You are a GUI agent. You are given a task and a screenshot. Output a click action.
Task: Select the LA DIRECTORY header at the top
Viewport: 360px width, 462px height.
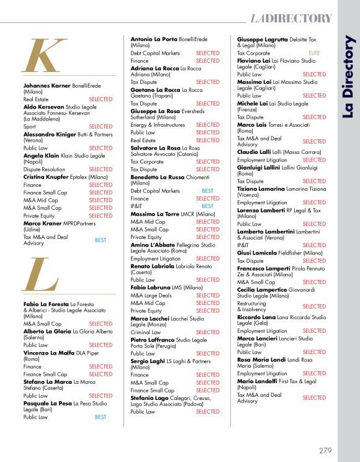click(291, 18)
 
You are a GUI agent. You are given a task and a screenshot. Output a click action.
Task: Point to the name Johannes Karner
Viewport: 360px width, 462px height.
click(47, 85)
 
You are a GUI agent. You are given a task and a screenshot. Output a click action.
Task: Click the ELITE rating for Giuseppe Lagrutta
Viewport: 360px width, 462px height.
click(314, 53)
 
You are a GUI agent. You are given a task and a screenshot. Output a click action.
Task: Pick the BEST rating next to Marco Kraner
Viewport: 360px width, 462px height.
click(101, 239)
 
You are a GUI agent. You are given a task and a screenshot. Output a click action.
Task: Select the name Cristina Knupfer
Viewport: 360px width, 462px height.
click(47, 177)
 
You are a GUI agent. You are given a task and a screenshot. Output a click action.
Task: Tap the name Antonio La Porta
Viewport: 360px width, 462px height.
click(153, 39)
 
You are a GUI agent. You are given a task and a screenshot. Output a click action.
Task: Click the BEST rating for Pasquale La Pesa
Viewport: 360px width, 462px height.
click(101, 417)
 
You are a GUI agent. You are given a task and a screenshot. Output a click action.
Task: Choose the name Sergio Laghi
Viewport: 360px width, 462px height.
click(148, 360)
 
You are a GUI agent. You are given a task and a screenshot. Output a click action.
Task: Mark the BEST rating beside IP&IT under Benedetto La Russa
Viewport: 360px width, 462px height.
click(207, 206)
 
